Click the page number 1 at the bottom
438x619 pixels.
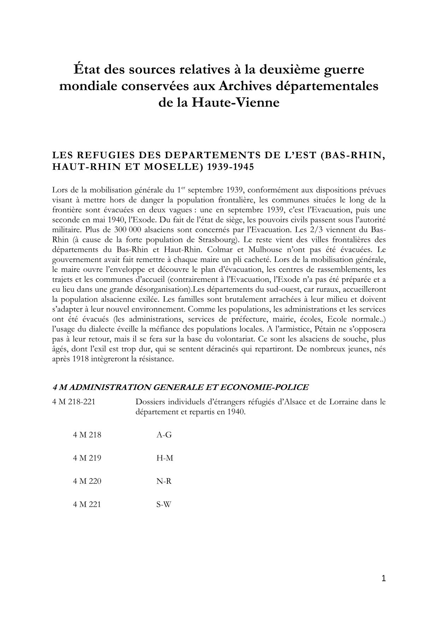384,578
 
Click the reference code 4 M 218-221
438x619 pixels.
73,402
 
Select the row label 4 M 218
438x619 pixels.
87,435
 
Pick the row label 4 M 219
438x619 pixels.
87,458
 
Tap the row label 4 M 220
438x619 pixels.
87,481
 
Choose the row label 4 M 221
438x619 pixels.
87,504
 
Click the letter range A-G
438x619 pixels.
164,435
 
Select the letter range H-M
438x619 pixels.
165,458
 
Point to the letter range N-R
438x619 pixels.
164,481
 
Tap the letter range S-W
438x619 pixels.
164,504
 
